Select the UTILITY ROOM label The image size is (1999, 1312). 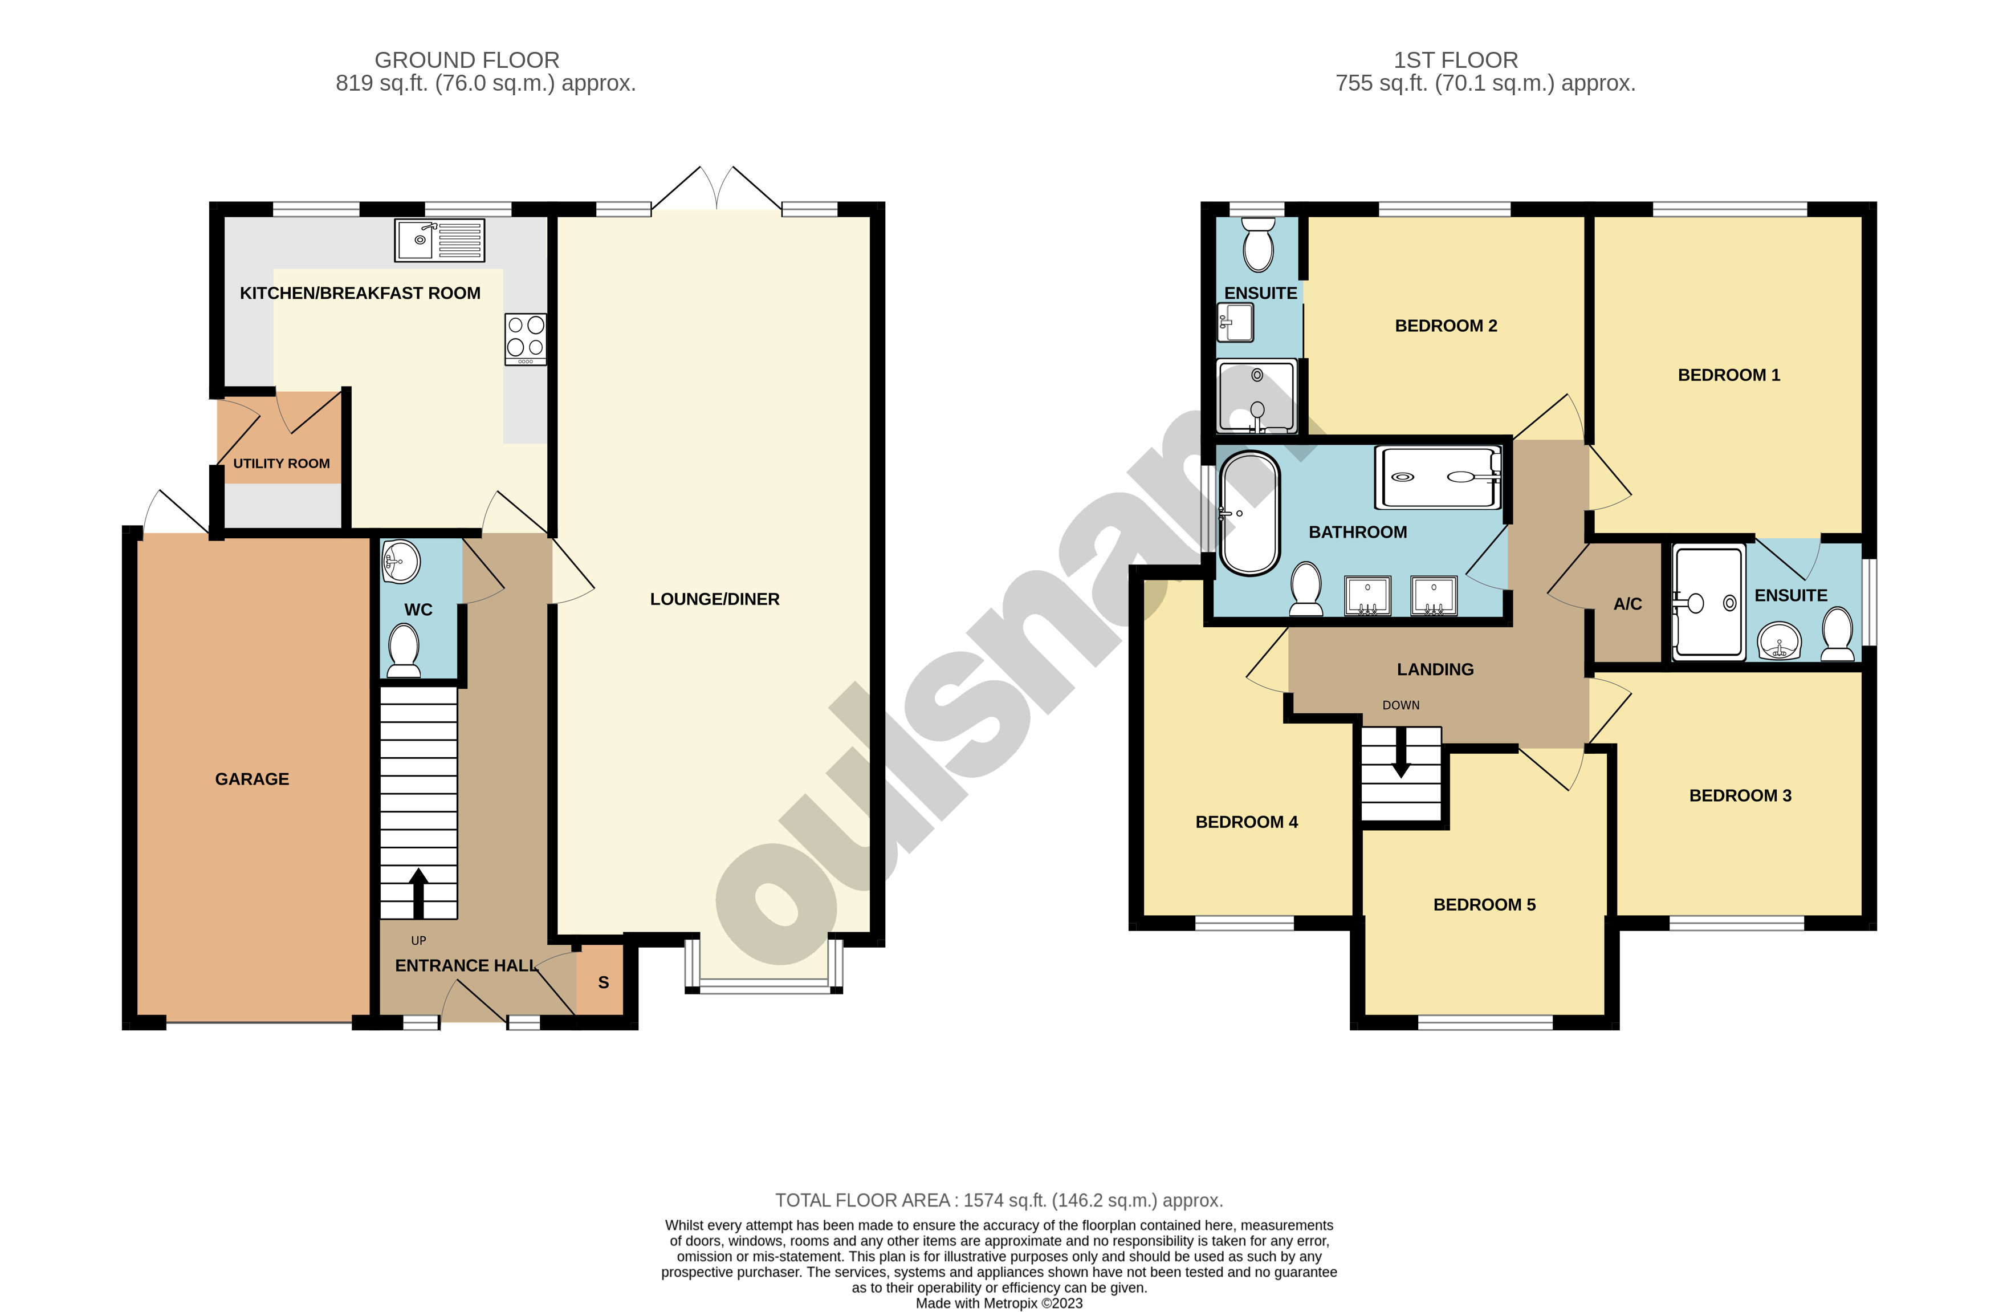tap(282, 464)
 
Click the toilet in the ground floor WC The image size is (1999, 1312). tap(404, 651)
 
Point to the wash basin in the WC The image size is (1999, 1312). tap(401, 560)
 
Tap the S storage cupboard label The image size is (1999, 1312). tap(603, 982)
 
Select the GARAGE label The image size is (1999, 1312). tap(252, 779)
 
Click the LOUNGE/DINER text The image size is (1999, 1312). tap(715, 599)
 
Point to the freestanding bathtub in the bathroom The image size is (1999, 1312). tap(1250, 513)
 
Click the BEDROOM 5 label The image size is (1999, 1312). tap(1484, 905)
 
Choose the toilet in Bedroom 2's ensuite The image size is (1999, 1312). tap(1258, 245)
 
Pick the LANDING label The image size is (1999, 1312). tap(1435, 669)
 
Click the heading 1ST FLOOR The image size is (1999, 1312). tap(1456, 60)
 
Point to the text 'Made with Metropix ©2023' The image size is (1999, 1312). tap(999, 1303)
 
